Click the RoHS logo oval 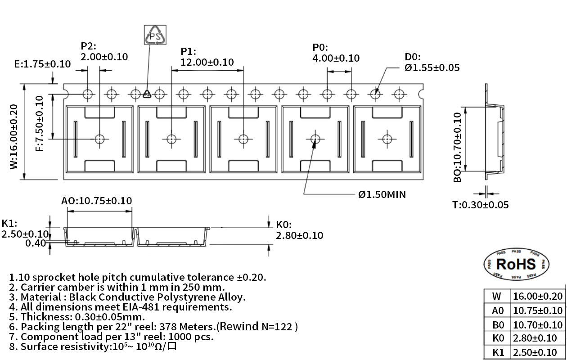tap(516, 264)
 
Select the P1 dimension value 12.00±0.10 tap(207, 62)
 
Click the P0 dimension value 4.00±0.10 tap(336, 58)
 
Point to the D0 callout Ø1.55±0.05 tap(432, 67)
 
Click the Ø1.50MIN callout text tap(382, 194)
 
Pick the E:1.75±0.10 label tap(42, 64)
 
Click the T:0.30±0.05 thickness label tap(480, 205)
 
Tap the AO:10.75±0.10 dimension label tap(96, 201)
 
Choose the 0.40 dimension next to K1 tap(36, 243)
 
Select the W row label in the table tap(497, 296)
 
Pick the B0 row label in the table tap(497, 324)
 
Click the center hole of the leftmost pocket tap(100, 139)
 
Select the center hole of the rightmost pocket tap(386, 139)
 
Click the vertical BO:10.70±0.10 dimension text tap(458, 147)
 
